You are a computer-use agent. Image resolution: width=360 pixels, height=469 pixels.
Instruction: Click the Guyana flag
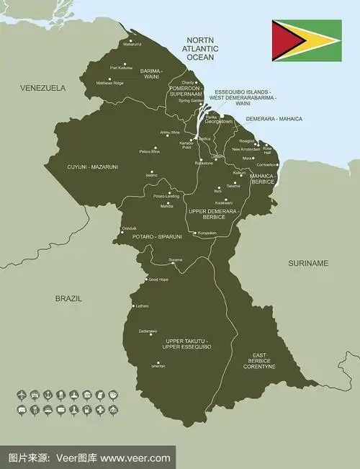(306, 40)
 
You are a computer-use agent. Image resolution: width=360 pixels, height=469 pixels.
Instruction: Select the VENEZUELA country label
(42, 88)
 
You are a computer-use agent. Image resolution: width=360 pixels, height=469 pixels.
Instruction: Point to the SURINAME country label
(308, 263)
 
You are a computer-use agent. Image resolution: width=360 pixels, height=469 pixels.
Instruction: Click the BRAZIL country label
(68, 298)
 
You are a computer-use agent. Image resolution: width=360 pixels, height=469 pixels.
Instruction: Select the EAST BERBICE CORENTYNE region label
(259, 361)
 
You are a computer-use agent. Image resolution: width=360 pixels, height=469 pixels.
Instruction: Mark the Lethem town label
(142, 306)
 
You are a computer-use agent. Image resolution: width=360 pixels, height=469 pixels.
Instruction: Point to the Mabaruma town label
(132, 45)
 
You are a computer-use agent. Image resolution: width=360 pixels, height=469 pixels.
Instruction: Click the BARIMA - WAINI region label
(152, 74)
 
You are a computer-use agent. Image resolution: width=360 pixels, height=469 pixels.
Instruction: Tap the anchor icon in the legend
(47, 395)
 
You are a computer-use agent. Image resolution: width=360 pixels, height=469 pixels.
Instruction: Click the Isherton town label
(158, 366)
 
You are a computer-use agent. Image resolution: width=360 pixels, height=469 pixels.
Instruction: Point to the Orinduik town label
(129, 228)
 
